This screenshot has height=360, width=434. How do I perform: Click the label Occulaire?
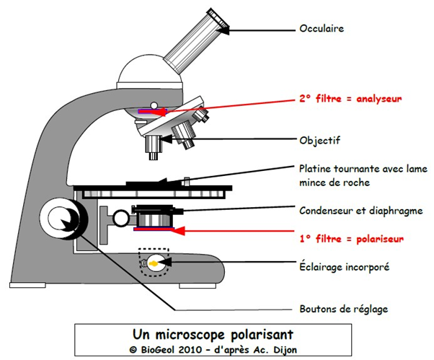[321, 30]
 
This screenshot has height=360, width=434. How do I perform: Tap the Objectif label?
[319, 140]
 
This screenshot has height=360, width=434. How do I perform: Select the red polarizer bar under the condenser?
[153, 230]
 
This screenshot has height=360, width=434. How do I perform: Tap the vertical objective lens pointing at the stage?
[153, 146]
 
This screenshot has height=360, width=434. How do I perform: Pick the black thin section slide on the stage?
[151, 185]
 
